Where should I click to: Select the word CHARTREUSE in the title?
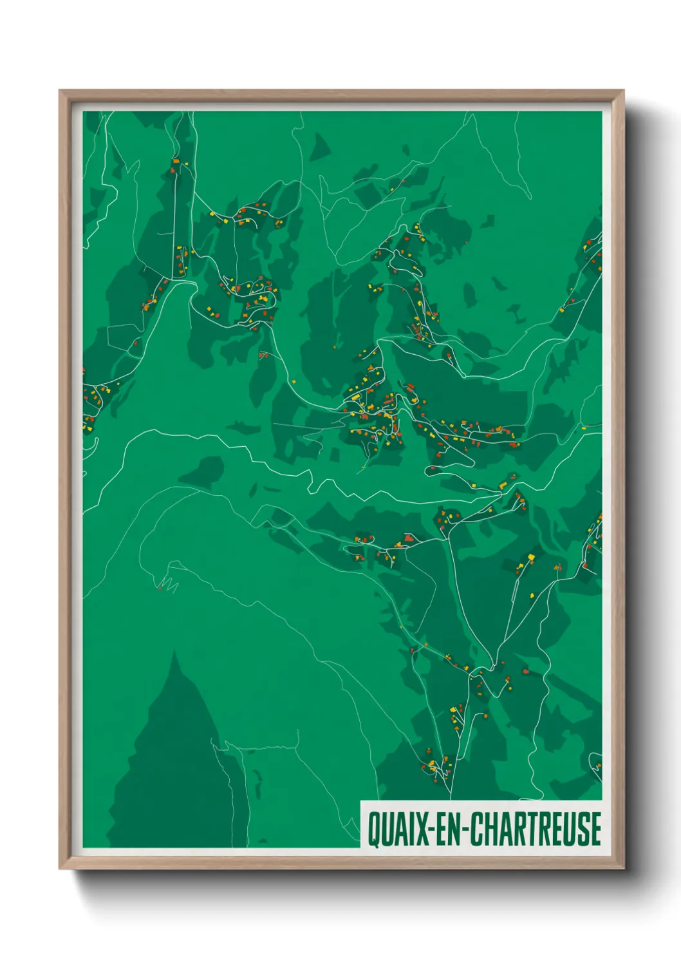coord(534,829)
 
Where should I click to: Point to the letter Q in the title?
coord(374,829)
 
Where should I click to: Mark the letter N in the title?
coord(454,829)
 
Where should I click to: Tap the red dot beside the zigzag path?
coord(159,587)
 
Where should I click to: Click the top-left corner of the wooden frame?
coord(60,91)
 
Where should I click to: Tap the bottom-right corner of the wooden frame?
coord(623,869)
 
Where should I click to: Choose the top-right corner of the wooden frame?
coord(623,91)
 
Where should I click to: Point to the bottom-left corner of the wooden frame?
coord(60,869)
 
